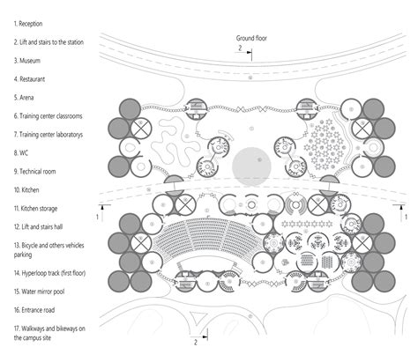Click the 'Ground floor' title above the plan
click(x=253, y=39)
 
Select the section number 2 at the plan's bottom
click(x=196, y=341)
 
